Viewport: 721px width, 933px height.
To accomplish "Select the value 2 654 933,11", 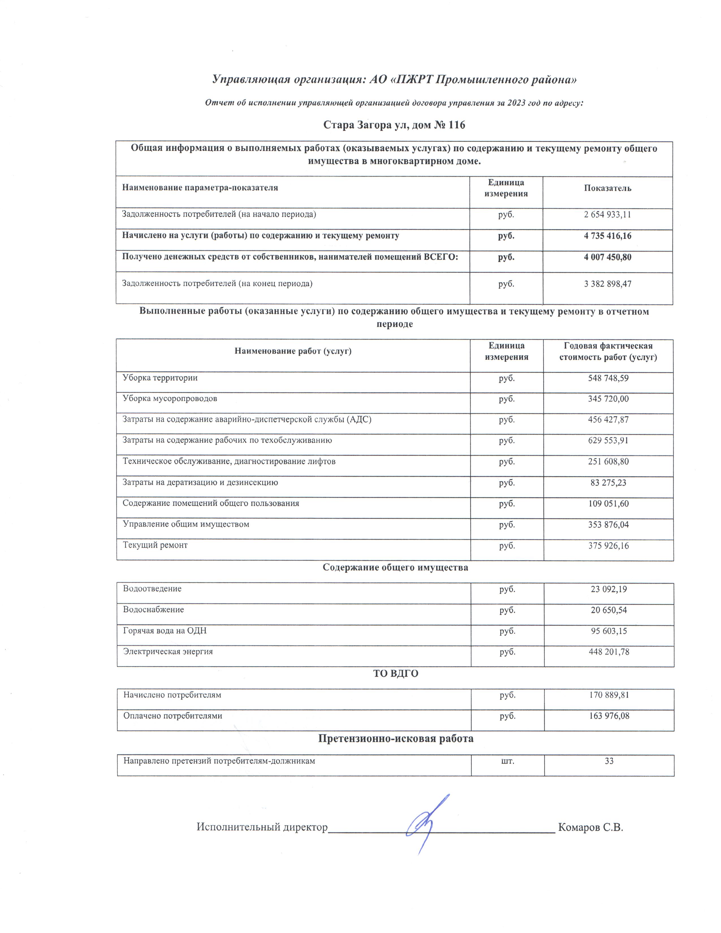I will pos(607,215).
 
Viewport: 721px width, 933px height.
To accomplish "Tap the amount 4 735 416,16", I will pos(607,236).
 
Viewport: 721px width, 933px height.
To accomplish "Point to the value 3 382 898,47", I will pos(607,284).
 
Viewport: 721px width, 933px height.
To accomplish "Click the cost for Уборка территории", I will pos(608,378).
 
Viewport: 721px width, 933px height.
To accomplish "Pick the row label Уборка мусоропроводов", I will pos(170,399).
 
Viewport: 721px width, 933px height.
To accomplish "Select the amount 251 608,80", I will pos(608,461).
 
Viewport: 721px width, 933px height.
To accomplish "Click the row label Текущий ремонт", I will pos(155,545).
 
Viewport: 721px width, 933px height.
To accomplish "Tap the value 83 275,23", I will pos(608,483).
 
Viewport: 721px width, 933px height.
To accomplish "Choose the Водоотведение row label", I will pos(152,589).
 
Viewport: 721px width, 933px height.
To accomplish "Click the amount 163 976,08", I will pos(609,716).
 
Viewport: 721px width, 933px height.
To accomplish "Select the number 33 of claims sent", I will pos(609,761).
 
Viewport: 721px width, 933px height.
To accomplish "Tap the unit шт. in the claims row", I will pos(508,761).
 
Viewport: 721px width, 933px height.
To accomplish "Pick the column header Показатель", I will pos(607,188).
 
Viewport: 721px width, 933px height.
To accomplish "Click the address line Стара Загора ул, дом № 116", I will pos(394,125).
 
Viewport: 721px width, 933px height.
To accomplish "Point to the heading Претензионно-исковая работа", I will pos(396,738).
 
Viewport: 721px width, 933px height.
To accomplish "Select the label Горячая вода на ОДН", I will pos(165,630).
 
